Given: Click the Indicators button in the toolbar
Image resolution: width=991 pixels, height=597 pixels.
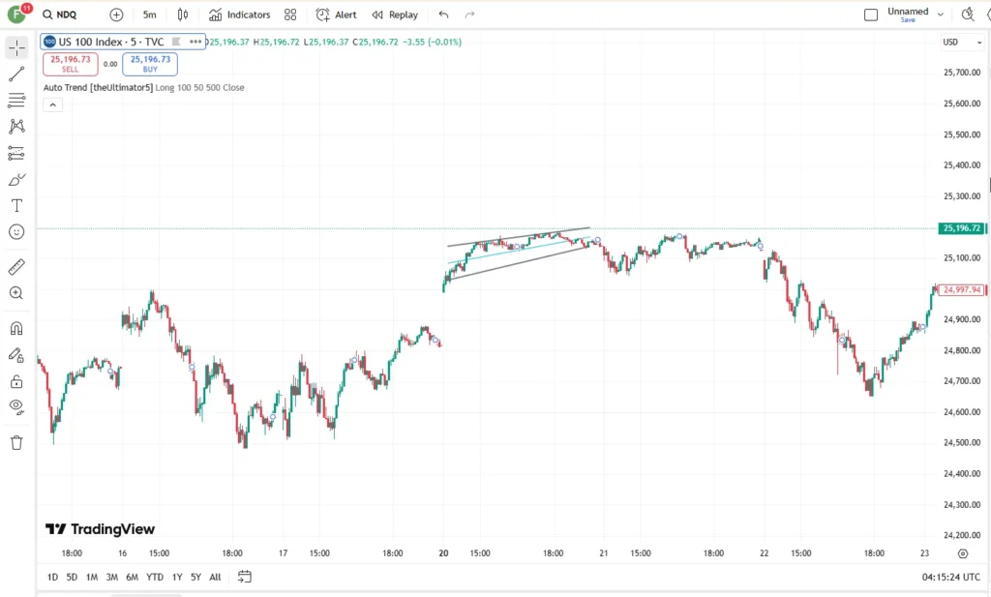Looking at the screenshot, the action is pos(240,15).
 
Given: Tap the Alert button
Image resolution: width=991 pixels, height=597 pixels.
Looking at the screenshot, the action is pos(336,15).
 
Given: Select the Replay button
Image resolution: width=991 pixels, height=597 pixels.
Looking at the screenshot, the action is pos(395,15).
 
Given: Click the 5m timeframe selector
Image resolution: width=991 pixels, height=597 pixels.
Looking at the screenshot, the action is pos(149,15).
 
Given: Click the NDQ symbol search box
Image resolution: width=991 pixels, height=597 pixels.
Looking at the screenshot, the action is pos(60,15).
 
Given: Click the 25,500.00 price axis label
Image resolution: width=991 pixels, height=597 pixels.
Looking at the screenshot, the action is pos(962,134).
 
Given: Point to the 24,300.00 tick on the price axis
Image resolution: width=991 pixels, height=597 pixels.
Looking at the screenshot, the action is pos(962,505).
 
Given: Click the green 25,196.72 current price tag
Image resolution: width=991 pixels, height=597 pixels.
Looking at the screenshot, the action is pos(961,228).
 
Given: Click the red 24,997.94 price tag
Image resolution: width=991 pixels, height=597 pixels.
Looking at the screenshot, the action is pos(961,290).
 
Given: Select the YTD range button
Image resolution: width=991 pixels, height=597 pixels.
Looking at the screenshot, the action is pos(155,577).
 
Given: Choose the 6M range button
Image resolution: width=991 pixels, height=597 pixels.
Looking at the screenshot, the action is pos(132,577).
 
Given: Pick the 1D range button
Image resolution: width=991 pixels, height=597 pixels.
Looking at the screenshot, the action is pos(52,577).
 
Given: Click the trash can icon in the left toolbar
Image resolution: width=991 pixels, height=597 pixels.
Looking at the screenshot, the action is pos(17,442).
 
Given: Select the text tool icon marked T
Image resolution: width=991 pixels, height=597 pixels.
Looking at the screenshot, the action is pos(17,206).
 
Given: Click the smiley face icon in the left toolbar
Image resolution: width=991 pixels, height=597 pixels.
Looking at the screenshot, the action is pos(17,232).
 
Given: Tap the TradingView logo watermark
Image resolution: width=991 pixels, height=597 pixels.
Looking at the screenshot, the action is pos(100,528).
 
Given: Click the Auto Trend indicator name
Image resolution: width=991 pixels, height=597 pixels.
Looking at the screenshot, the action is pos(98,88).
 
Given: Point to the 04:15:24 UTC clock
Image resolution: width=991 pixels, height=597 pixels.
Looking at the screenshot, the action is pos(951,577).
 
